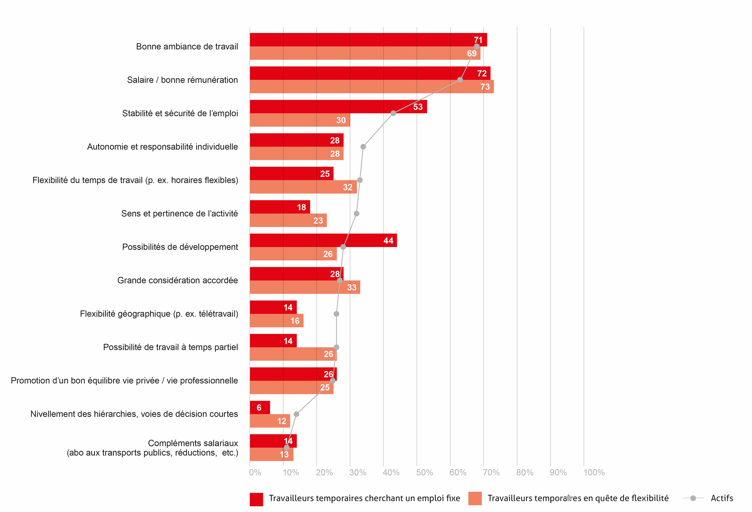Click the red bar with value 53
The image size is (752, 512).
338,107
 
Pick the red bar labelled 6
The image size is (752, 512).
260,407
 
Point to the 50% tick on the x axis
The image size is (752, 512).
424,473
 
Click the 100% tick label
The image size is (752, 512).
594,473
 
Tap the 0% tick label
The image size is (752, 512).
255,473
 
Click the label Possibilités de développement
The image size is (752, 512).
180,247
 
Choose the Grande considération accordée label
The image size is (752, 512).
177,280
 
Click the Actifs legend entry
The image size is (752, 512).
722,498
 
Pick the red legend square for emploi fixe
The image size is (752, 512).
256,499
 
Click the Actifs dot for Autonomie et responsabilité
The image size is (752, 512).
363,147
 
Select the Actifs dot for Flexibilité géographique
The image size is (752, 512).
336,314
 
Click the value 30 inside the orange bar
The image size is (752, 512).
341,120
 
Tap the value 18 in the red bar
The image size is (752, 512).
301,207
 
